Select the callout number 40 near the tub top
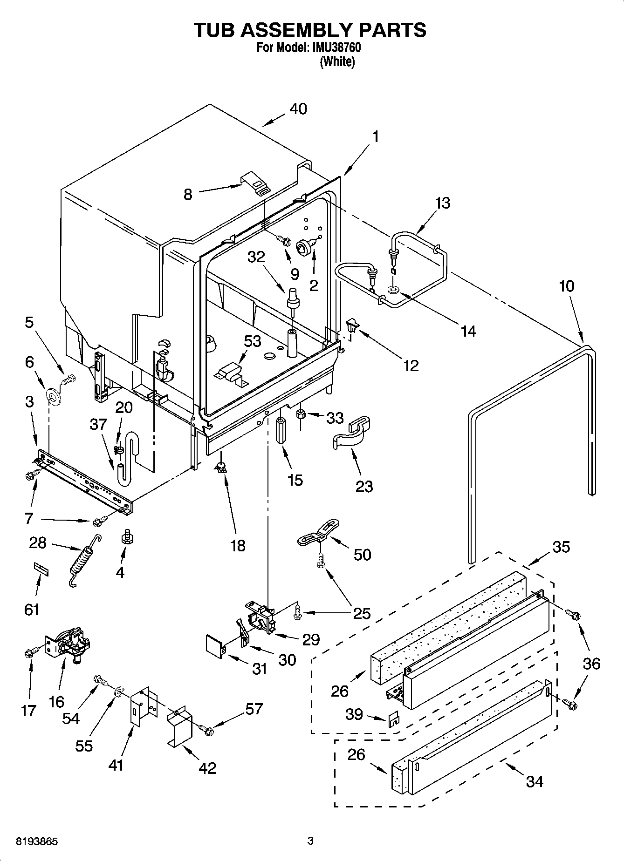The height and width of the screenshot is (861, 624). click(x=298, y=109)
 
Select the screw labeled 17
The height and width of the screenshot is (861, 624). click(x=30, y=653)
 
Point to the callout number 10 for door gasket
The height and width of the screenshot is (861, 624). click(x=567, y=286)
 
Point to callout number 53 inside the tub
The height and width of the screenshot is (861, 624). click(x=252, y=341)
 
